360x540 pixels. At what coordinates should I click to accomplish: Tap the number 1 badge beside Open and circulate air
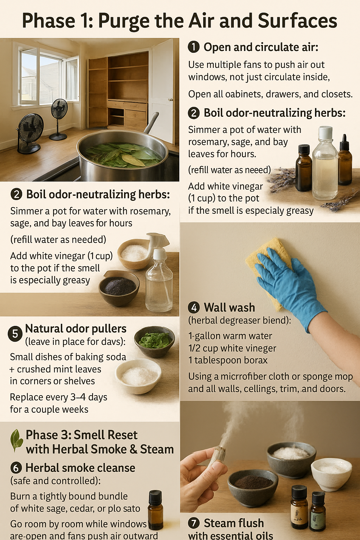pos(194,47)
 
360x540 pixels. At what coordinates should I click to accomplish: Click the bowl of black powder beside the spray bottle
pos(119,287)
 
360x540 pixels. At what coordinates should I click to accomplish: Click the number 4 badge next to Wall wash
pos(194,308)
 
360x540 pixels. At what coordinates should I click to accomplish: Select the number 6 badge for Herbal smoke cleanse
pos(16,468)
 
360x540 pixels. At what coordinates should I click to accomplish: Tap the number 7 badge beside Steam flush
pos(194,523)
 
